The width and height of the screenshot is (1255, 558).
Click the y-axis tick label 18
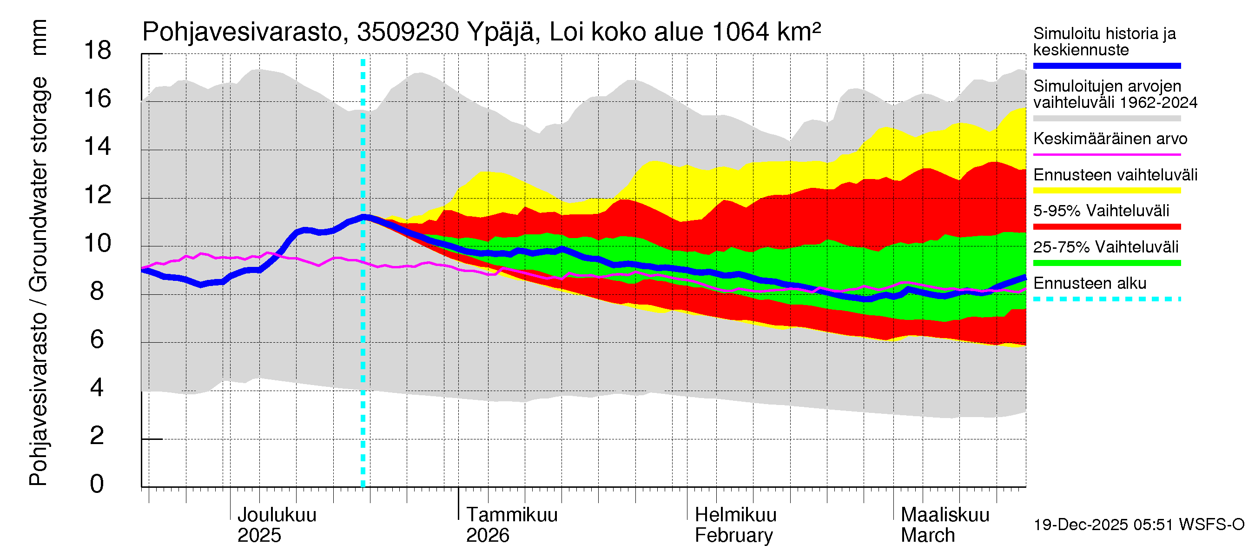tap(98, 51)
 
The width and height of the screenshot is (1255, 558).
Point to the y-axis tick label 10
tap(98, 243)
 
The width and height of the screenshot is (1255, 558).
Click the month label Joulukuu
tap(276, 515)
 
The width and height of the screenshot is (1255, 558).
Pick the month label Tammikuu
tap(512, 515)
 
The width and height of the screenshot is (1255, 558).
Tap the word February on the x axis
tap(733, 536)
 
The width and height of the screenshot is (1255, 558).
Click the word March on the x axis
tap(928, 536)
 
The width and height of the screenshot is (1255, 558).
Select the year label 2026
tap(487, 536)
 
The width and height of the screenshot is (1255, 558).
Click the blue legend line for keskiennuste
tap(1106, 66)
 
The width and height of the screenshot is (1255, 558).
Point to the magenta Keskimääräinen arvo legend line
tap(1106, 154)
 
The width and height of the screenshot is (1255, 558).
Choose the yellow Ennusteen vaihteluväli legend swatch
tap(1106, 191)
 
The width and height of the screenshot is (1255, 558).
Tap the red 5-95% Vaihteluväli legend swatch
tap(1106, 226)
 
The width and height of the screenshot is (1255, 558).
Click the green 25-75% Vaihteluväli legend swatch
tap(1106, 263)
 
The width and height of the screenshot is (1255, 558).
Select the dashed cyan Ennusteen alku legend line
tap(1106, 299)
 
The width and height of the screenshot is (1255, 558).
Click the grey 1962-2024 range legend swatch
tap(1106, 119)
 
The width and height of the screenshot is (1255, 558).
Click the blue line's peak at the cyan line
tap(363, 217)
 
